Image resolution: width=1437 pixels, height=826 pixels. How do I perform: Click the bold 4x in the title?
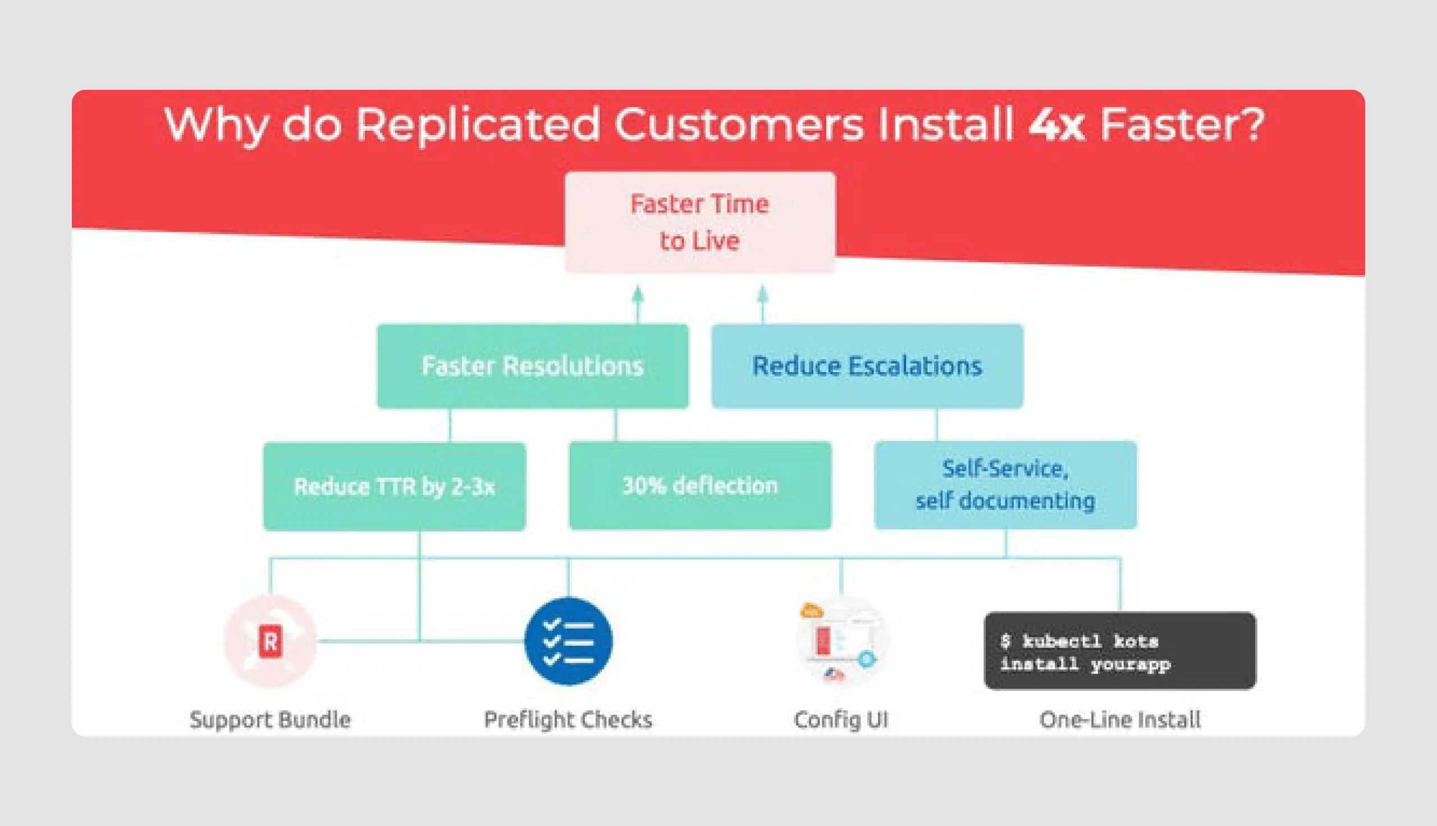(1056, 125)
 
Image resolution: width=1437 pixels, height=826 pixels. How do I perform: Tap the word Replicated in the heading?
(477, 125)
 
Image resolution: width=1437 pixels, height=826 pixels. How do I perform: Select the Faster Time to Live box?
(699, 222)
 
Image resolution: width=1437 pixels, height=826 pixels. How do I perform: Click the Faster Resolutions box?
(533, 366)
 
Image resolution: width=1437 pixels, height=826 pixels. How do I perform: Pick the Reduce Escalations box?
(867, 366)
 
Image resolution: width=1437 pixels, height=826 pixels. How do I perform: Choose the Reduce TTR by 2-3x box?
(394, 487)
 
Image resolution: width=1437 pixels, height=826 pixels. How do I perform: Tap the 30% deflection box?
(699, 485)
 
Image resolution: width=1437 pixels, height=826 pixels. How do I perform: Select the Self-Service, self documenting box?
(1005, 485)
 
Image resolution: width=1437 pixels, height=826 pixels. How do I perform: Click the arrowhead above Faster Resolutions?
(638, 293)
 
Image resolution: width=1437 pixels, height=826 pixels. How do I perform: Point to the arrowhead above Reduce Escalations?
(762, 293)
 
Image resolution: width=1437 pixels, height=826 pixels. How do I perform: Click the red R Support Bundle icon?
(270, 641)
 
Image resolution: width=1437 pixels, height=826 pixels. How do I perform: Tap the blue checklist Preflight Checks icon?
(569, 641)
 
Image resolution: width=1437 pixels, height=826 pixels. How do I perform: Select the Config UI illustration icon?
(841, 641)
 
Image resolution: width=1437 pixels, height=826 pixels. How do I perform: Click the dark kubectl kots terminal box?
(1119, 651)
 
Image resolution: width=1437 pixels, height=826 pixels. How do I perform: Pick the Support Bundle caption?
(270, 720)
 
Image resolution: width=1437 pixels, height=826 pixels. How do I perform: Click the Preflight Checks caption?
(568, 720)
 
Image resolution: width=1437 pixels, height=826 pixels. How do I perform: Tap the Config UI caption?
(841, 720)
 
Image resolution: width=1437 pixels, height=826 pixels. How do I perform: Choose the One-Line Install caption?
(1119, 720)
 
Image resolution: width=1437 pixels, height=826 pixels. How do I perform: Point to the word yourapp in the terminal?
(1130, 664)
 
